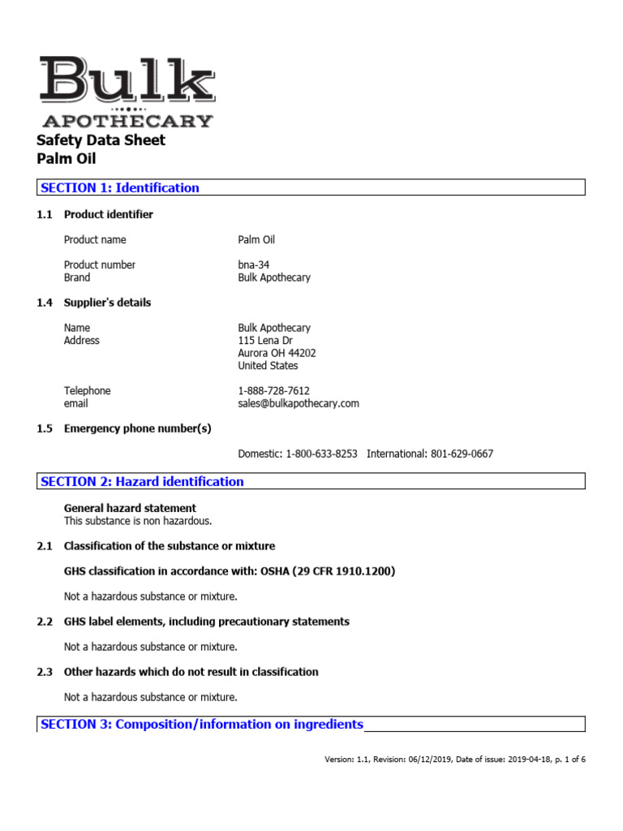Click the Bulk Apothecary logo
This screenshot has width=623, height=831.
[126, 92]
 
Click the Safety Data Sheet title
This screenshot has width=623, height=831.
[101, 140]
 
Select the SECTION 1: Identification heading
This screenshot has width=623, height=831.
[119, 188]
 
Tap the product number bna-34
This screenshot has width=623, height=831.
[254, 265]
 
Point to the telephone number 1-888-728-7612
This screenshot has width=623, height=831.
[273, 391]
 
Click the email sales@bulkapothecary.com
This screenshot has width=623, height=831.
[298, 403]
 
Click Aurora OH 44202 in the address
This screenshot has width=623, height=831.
[277, 353]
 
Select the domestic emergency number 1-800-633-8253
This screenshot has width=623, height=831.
[321, 454]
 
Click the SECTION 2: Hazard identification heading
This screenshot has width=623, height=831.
[142, 482]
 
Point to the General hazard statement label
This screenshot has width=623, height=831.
[130, 509]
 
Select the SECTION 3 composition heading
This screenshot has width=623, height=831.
[201, 725]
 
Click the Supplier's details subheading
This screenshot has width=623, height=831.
[107, 303]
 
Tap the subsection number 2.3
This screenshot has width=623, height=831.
[45, 672]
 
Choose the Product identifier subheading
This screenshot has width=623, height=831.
[108, 215]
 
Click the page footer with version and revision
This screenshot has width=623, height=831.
[454, 760]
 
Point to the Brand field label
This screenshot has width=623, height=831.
[77, 278]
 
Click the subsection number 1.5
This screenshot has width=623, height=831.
[45, 428]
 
